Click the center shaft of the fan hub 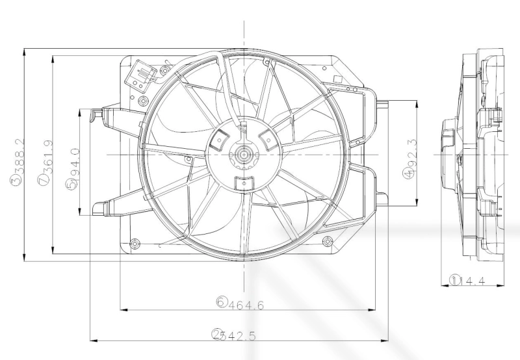[x=244, y=155]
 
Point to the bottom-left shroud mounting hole [x=135, y=244]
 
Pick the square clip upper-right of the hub [x=266, y=137]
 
